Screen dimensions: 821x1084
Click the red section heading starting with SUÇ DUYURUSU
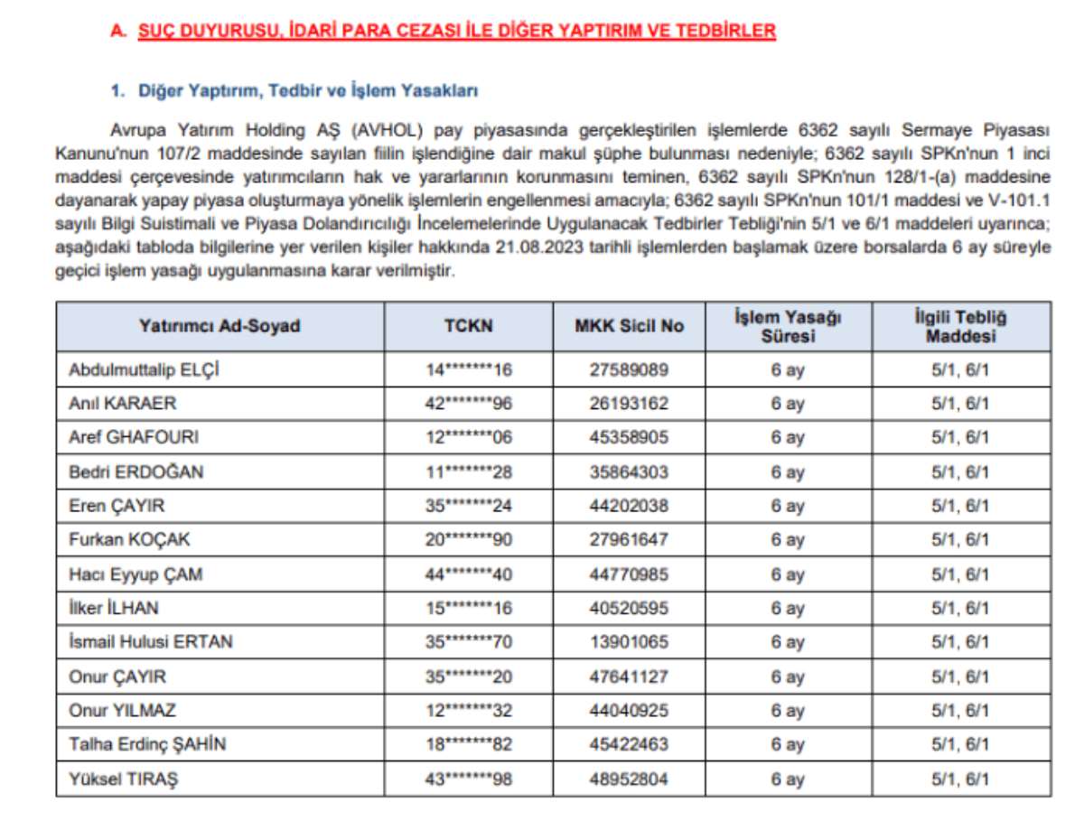point(456,32)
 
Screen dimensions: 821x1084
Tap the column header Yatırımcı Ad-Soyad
point(220,326)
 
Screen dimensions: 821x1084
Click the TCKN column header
point(468,326)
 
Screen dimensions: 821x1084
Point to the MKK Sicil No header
point(629,326)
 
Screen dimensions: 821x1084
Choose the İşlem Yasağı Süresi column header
point(787,326)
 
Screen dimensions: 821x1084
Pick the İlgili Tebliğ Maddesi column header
point(960,326)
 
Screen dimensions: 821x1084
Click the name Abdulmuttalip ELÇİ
point(144,369)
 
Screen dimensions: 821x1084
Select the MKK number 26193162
point(630,404)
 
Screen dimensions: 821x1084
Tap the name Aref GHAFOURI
point(134,437)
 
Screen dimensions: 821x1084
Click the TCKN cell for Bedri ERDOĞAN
point(468,471)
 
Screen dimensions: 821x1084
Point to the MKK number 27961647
point(630,540)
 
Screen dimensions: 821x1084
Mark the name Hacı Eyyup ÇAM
point(135,574)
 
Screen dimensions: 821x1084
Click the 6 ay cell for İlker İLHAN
point(787,609)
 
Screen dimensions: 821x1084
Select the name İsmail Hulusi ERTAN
point(151,642)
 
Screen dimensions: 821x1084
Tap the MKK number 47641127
point(630,676)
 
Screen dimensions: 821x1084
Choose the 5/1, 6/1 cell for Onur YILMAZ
point(960,711)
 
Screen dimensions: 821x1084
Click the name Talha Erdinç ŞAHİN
point(147,744)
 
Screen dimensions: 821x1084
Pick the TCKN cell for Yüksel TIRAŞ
point(468,779)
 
